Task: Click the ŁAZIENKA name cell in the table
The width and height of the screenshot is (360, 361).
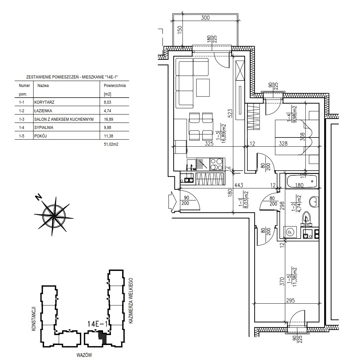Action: click(x=43, y=111)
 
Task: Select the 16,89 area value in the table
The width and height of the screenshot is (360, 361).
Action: click(x=109, y=119)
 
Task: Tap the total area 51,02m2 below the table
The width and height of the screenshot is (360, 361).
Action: click(x=111, y=144)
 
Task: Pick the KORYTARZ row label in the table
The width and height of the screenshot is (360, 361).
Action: click(x=44, y=102)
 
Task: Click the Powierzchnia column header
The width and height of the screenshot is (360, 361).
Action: click(x=115, y=86)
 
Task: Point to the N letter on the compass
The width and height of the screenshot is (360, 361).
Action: click(x=39, y=197)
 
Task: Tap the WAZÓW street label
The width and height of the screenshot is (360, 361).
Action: click(x=84, y=355)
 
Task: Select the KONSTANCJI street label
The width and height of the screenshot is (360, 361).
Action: click(x=33, y=319)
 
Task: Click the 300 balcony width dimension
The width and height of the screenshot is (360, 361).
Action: click(x=205, y=18)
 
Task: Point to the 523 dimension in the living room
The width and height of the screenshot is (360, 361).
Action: click(x=231, y=113)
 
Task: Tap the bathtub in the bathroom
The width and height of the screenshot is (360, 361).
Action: click(x=302, y=181)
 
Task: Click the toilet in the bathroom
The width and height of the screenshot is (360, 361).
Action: click(x=307, y=218)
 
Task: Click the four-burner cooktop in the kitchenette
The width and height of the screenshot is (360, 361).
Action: click(x=217, y=164)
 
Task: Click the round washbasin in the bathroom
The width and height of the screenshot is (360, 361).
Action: click(x=314, y=202)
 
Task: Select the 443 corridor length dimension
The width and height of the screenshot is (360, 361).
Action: click(x=239, y=185)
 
